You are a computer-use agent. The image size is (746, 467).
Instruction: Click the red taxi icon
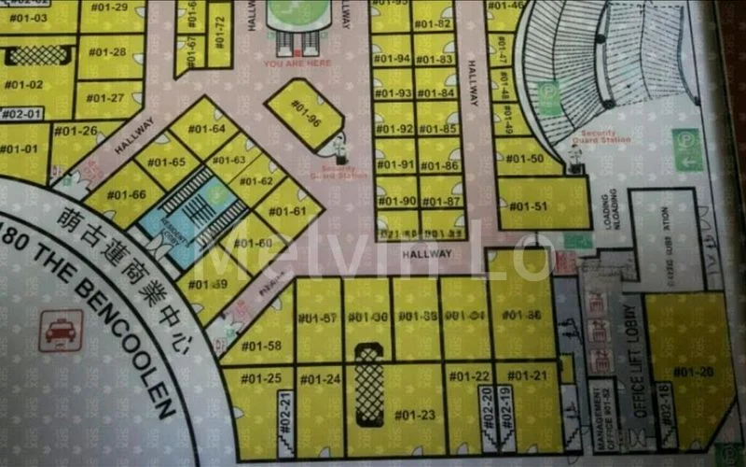click(x=61, y=330)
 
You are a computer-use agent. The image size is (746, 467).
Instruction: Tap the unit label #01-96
click(x=305, y=113)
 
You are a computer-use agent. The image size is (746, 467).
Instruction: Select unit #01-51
click(x=528, y=206)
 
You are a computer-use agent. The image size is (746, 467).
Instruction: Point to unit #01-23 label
click(x=415, y=415)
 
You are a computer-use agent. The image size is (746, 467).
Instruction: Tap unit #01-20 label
click(x=693, y=372)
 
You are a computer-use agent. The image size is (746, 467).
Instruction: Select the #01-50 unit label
click(x=524, y=158)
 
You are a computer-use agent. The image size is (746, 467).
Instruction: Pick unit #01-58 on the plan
click(x=261, y=346)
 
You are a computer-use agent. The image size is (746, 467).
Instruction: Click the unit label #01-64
click(x=206, y=128)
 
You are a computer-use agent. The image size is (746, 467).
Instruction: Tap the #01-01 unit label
click(x=19, y=149)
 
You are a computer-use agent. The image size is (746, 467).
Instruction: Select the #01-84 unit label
click(x=435, y=93)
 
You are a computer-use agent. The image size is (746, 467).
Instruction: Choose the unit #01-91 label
click(x=395, y=165)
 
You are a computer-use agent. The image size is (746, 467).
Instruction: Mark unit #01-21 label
click(x=527, y=375)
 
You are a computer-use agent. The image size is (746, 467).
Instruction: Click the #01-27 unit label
click(x=105, y=98)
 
